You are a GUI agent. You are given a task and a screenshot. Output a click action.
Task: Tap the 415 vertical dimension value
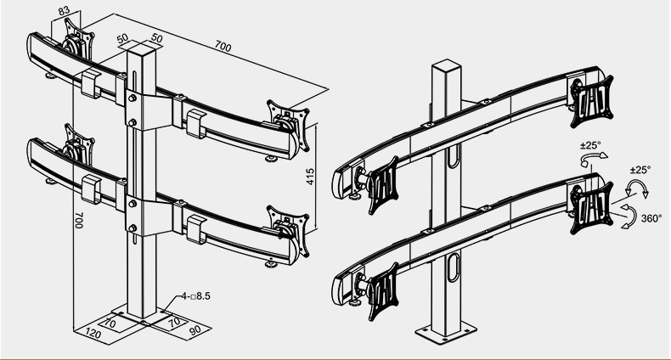(x=311, y=177)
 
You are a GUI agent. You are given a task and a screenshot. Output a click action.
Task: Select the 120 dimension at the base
(x=93, y=333)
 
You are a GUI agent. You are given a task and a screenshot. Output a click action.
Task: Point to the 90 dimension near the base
(x=195, y=330)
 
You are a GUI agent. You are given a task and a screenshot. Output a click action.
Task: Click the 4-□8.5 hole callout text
(x=196, y=295)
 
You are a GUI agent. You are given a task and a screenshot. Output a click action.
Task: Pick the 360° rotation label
(x=651, y=218)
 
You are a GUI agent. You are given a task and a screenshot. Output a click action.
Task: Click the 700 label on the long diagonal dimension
(x=223, y=46)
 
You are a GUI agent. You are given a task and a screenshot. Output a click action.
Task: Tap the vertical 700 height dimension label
(x=79, y=220)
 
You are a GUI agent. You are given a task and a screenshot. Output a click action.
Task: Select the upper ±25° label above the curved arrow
(x=590, y=145)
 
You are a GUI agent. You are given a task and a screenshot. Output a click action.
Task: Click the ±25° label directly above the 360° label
(x=640, y=170)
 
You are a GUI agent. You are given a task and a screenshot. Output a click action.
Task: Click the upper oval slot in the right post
(x=454, y=155)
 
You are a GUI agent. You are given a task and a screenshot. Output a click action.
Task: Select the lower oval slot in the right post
(x=454, y=267)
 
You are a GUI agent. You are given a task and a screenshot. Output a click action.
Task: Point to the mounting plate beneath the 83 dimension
(x=80, y=39)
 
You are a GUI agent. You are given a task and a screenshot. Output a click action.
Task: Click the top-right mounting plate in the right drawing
(x=592, y=101)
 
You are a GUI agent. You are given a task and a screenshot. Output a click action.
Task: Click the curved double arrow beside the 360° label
(x=628, y=217)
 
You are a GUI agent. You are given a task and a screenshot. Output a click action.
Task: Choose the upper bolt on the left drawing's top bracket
(x=133, y=98)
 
